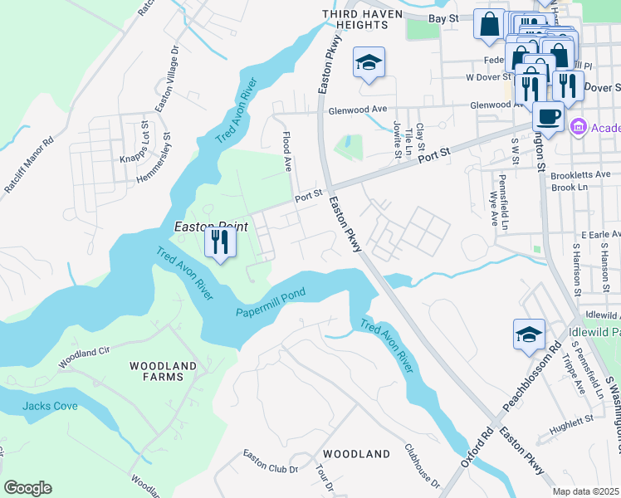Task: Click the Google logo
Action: [x=27, y=488]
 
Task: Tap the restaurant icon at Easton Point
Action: [x=220, y=242]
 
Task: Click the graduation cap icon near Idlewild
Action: [x=529, y=334]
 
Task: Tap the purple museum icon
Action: [x=579, y=127]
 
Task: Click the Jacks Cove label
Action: [x=49, y=406]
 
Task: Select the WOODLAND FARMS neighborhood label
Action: [x=163, y=371]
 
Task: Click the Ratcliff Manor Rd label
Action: [x=29, y=165]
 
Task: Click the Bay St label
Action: [x=444, y=17]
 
